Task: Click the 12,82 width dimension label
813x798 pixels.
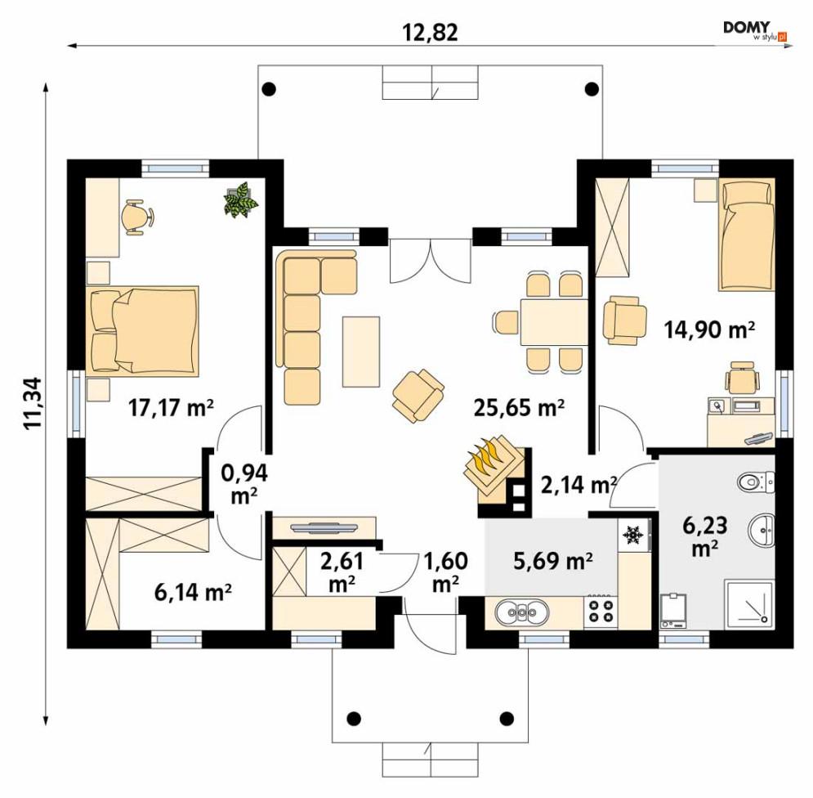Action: (x=430, y=33)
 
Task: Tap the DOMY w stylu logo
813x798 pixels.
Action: (x=756, y=30)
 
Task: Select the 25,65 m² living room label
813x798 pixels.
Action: (x=519, y=408)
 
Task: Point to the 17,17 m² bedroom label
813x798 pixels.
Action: (x=171, y=408)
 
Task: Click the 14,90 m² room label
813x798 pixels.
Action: (x=709, y=330)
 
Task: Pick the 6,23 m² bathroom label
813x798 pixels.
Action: (x=704, y=536)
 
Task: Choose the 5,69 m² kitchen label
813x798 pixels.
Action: (x=553, y=561)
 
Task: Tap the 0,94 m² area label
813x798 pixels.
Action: (x=244, y=483)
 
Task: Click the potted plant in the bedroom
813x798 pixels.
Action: (x=240, y=198)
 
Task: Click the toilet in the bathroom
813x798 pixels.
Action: (x=755, y=482)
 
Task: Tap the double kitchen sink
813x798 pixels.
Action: (x=521, y=612)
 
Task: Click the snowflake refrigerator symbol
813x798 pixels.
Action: (x=632, y=535)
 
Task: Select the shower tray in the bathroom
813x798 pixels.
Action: (x=750, y=604)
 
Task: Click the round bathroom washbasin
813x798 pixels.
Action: (x=762, y=530)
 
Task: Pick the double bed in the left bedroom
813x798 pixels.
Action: (x=144, y=330)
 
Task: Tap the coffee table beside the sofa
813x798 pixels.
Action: (x=361, y=352)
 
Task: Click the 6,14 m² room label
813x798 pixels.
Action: (x=193, y=592)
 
